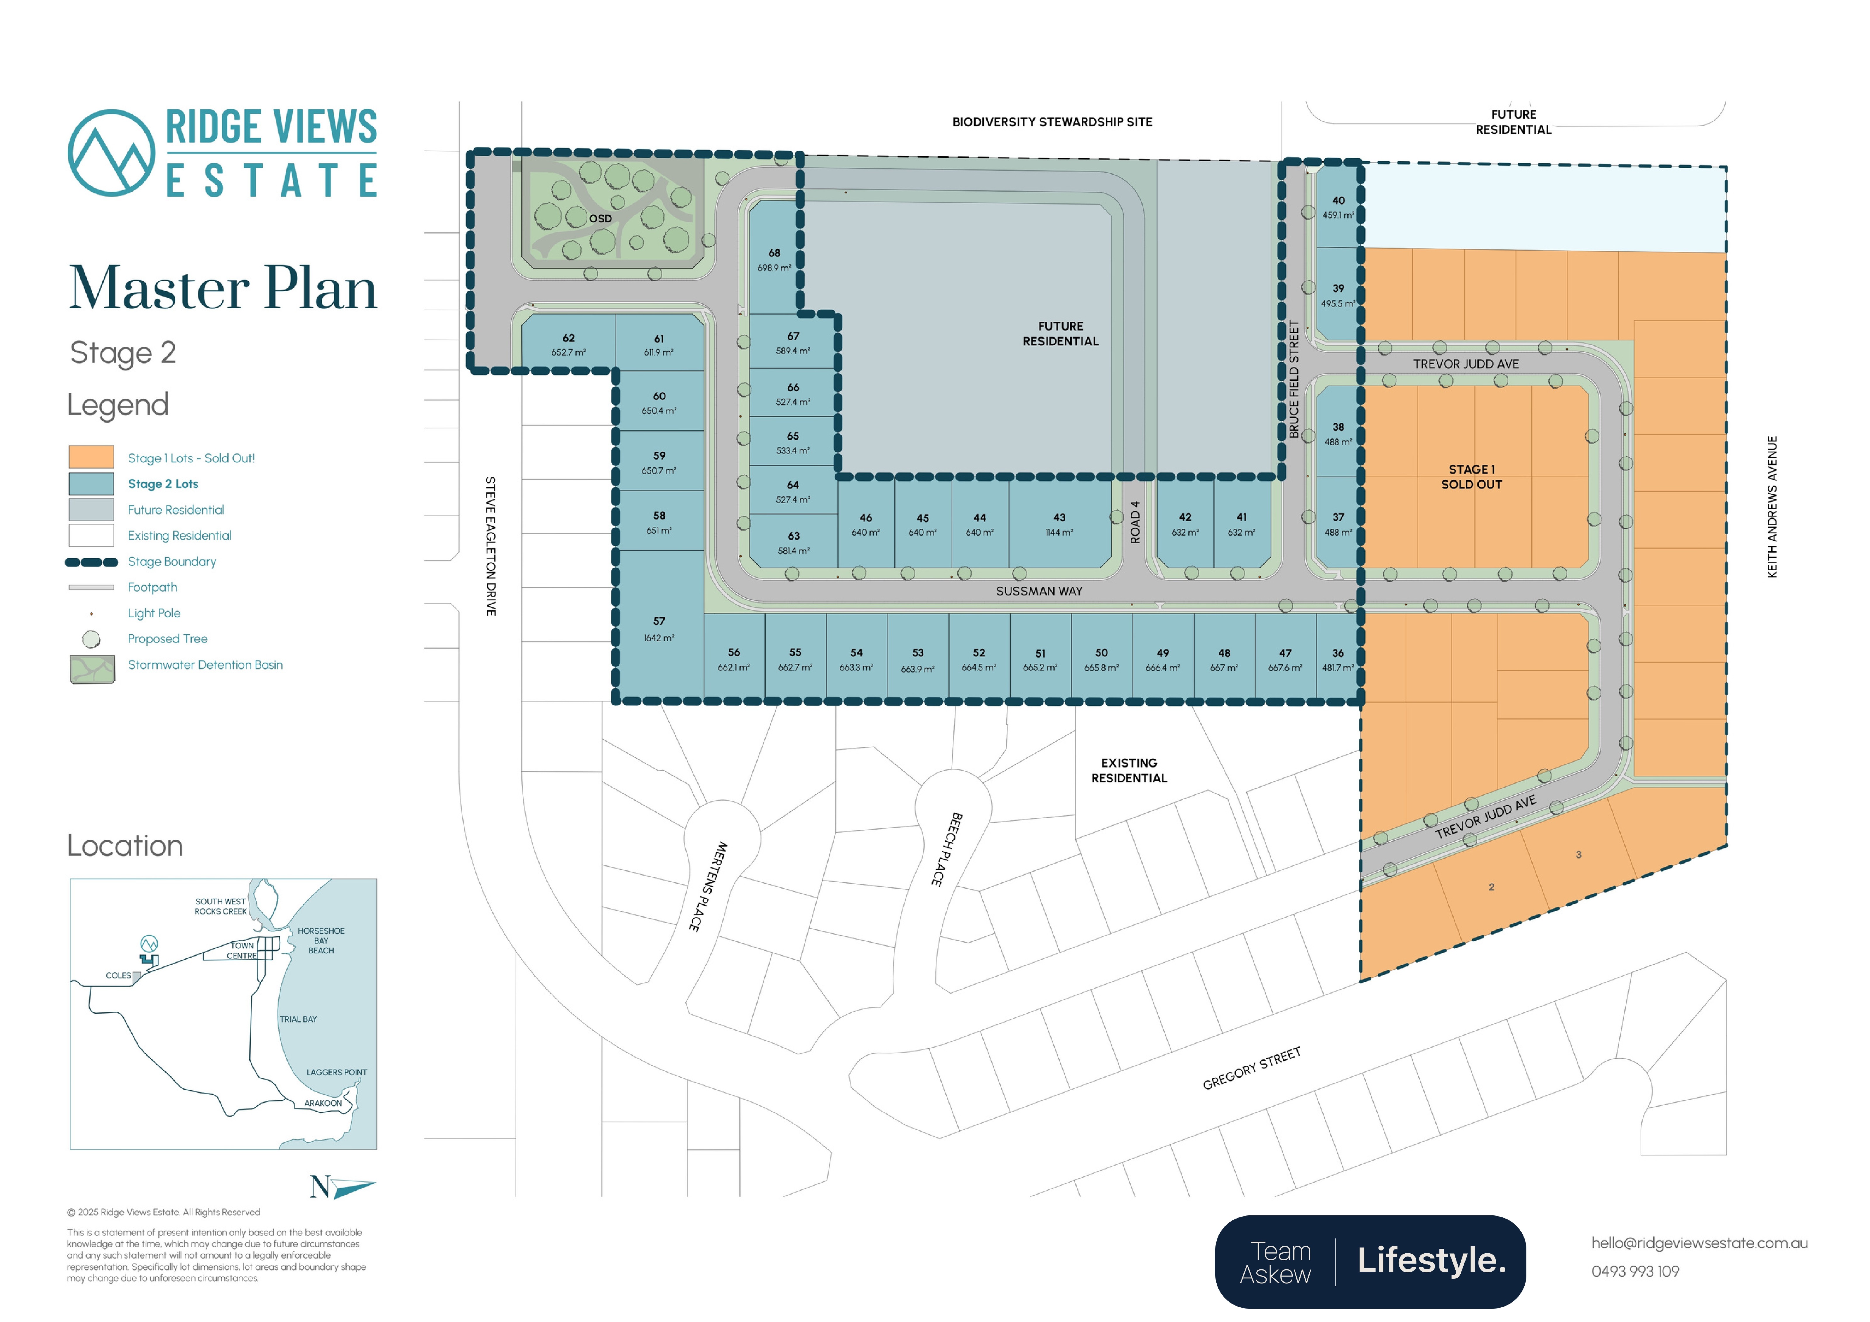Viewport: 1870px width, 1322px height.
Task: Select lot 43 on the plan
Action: click(1059, 524)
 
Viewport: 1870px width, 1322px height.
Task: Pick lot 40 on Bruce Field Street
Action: click(1337, 207)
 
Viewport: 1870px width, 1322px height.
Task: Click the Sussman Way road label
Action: click(1039, 591)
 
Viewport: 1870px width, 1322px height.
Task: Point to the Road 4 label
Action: click(1135, 522)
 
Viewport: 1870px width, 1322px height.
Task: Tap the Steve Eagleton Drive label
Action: click(490, 546)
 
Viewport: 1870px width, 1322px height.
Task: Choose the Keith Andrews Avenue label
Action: click(1772, 507)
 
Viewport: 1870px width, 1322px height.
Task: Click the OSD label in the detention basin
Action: click(600, 218)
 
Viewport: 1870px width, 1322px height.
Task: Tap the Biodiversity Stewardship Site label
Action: click(1052, 122)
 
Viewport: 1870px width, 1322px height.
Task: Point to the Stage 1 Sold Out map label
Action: click(1472, 477)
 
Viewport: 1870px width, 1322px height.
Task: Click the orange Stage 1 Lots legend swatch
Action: click(91, 457)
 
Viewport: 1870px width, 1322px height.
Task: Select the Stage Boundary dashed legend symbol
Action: click(91, 562)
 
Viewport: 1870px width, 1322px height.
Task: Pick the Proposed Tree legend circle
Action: click(91, 640)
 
